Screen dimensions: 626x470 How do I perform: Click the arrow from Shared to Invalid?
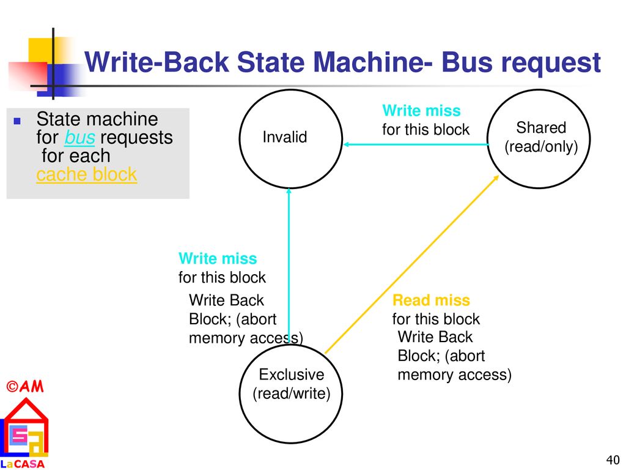point(416,144)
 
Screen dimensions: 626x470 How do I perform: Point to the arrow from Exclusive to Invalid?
point(289,266)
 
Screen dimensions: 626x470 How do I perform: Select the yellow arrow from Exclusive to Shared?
point(412,264)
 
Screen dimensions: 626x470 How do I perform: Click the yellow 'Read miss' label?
point(431,300)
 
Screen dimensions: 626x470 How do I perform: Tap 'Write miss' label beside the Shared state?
point(421,110)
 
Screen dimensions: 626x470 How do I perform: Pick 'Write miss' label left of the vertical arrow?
point(218,258)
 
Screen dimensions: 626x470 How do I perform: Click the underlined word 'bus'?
point(79,138)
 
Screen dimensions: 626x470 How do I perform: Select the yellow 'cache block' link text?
point(87,174)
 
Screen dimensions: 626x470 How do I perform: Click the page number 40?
point(613,460)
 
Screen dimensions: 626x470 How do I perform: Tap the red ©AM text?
point(24,386)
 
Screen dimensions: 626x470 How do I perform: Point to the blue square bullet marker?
point(17,121)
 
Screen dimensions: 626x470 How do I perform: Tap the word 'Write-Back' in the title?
point(156,62)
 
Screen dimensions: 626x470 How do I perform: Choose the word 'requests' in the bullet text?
point(136,138)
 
